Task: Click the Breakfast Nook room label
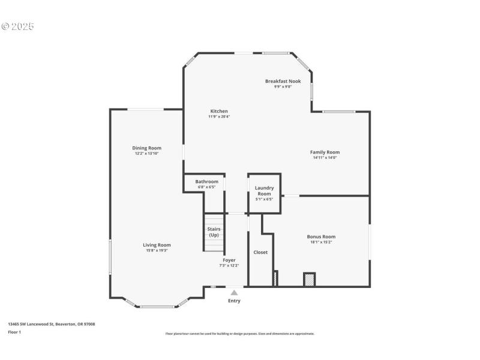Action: [283, 81]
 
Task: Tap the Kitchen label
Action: [218, 111]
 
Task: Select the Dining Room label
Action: [146, 148]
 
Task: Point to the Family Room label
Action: [325, 152]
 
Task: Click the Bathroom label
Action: [206, 181]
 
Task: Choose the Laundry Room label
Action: [264, 191]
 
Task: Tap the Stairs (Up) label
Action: [214, 232]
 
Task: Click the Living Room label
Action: [157, 245]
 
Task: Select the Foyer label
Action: [229, 260]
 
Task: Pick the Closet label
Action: [260, 252]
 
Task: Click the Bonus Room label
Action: [321, 237]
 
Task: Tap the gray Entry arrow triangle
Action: [234, 293]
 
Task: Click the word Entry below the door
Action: [234, 301]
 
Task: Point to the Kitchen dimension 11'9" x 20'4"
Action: [218, 116]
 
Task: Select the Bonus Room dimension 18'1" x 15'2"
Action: [321, 242]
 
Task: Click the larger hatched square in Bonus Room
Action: [310, 279]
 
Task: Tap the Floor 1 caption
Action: [14, 332]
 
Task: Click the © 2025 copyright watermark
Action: [17, 26]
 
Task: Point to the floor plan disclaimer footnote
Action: [239, 334]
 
